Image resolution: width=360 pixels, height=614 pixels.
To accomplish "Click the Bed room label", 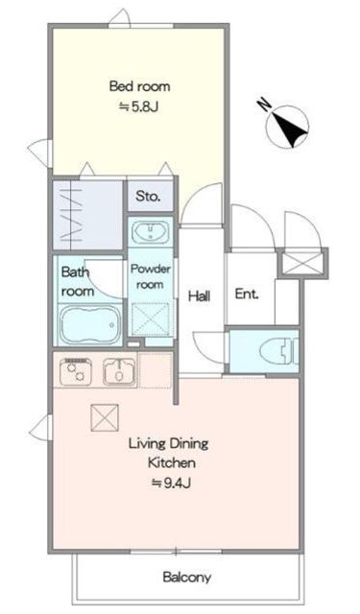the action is (x=139, y=85).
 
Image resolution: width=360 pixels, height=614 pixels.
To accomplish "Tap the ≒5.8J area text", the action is (x=138, y=106).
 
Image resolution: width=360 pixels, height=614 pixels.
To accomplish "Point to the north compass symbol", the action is (x=286, y=126).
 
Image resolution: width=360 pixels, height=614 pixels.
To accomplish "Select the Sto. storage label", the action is (x=148, y=196).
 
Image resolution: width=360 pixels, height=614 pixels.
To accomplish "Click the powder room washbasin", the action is (x=151, y=232).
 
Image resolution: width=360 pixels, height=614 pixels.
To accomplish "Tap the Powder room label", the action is (x=151, y=276).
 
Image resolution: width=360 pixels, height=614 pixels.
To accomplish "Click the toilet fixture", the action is (x=279, y=350).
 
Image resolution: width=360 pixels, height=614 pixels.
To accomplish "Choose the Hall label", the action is (x=200, y=295).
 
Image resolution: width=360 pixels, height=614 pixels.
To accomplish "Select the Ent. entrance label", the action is (x=247, y=295).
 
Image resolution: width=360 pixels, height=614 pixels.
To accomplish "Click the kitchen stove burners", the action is (x=76, y=371).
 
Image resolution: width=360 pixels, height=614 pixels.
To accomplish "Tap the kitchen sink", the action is (x=119, y=371).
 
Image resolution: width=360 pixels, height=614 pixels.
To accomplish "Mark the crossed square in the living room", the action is (x=105, y=418).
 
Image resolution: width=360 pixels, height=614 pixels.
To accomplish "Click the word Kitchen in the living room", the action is (x=172, y=462).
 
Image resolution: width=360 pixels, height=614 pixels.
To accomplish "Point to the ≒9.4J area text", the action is (x=171, y=484).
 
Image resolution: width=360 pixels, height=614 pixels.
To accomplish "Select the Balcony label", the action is (x=187, y=577).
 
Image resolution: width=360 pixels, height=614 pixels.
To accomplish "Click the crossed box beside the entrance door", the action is (x=302, y=263).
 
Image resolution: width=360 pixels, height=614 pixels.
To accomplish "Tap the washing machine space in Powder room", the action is (x=151, y=319).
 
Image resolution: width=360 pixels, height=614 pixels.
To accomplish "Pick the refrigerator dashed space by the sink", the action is (x=156, y=370).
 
